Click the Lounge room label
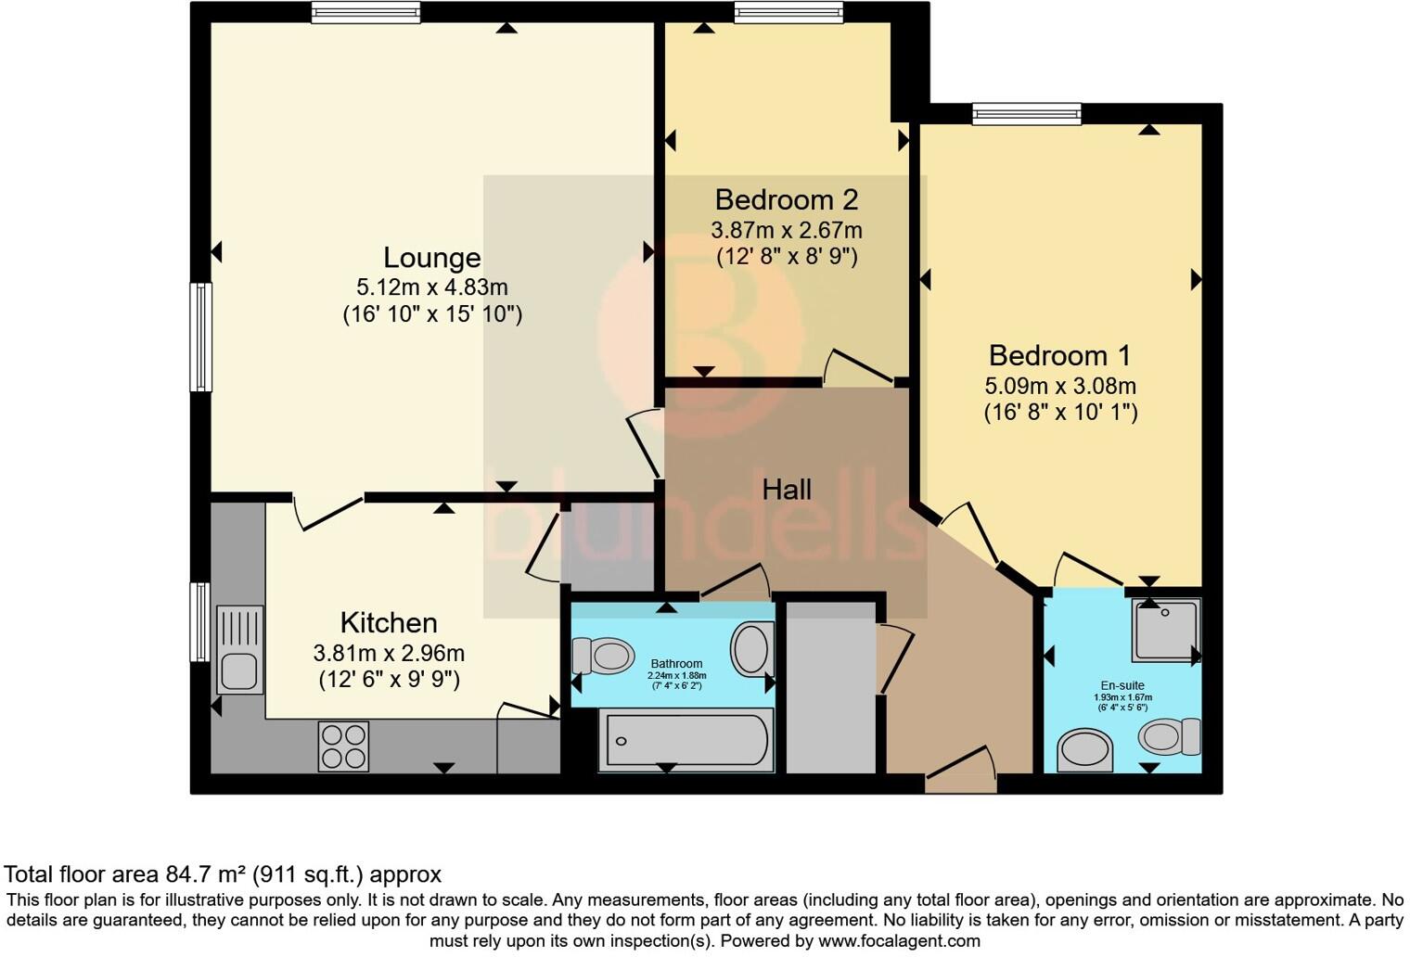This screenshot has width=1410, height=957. pos(432,258)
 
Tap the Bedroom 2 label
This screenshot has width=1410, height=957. pos(786,199)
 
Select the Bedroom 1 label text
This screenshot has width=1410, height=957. pos(1060,355)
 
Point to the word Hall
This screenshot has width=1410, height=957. pos(787,490)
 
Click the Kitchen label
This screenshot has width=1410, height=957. pos(389,622)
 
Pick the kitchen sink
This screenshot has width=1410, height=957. pos(239,649)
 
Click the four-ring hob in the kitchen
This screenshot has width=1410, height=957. pos(343,746)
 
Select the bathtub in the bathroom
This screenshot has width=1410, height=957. pos(686,740)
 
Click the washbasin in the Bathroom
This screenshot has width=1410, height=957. pos(752,649)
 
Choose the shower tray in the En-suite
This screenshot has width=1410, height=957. pos(1166,630)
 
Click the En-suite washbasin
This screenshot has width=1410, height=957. pos(1085,749)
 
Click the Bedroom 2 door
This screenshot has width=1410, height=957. pos(858,367)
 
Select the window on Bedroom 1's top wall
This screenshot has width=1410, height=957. pos(1027,114)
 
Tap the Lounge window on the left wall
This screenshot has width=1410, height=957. pos(201,337)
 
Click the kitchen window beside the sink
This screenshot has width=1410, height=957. pos(199,621)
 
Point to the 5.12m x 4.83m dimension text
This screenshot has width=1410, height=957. pos(432,287)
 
